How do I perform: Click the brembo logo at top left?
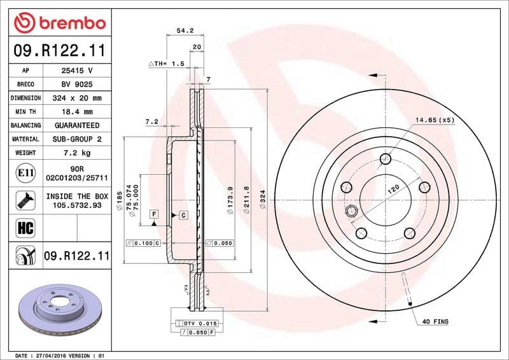click(59, 24)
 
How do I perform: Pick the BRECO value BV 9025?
click(77, 84)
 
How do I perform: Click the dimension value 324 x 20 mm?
click(77, 98)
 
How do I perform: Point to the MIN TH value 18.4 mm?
click(77, 112)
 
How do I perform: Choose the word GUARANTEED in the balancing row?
click(77, 125)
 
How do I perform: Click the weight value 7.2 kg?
click(77, 153)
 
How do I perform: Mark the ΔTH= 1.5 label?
click(166, 64)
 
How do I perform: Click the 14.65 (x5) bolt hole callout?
click(435, 120)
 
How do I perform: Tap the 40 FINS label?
click(435, 322)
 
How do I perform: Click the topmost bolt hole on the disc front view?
click(385, 159)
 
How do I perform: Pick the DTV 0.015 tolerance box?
click(201, 324)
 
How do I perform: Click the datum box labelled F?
click(154, 214)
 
